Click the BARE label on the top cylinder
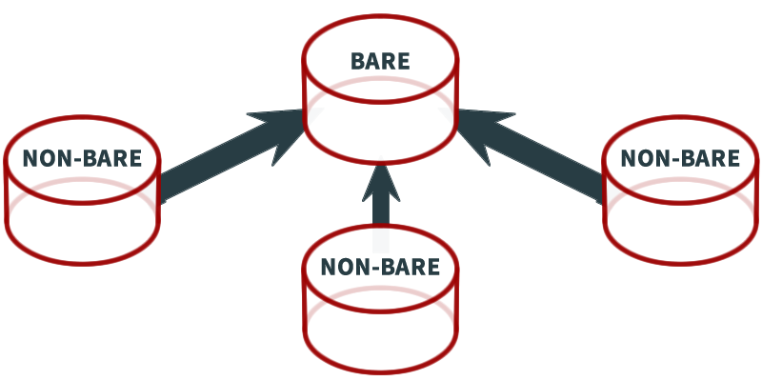[x=380, y=61]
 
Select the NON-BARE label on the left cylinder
[x=82, y=158]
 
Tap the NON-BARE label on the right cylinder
[x=680, y=158]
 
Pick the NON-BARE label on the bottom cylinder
[x=380, y=267]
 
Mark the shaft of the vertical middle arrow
[x=381, y=211]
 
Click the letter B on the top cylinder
[x=358, y=61]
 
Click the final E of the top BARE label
[x=404, y=61]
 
